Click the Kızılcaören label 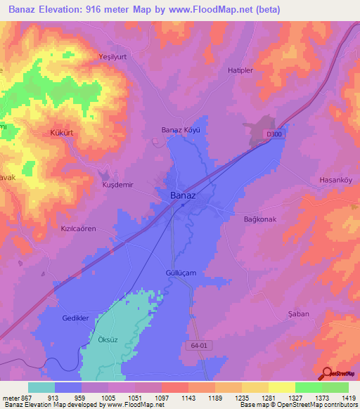coord(77,229)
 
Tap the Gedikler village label coord(75,318)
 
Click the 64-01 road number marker coord(199,345)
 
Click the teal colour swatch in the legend coord(41,387)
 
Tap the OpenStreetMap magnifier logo coord(326,373)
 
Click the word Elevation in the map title coord(70,9)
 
